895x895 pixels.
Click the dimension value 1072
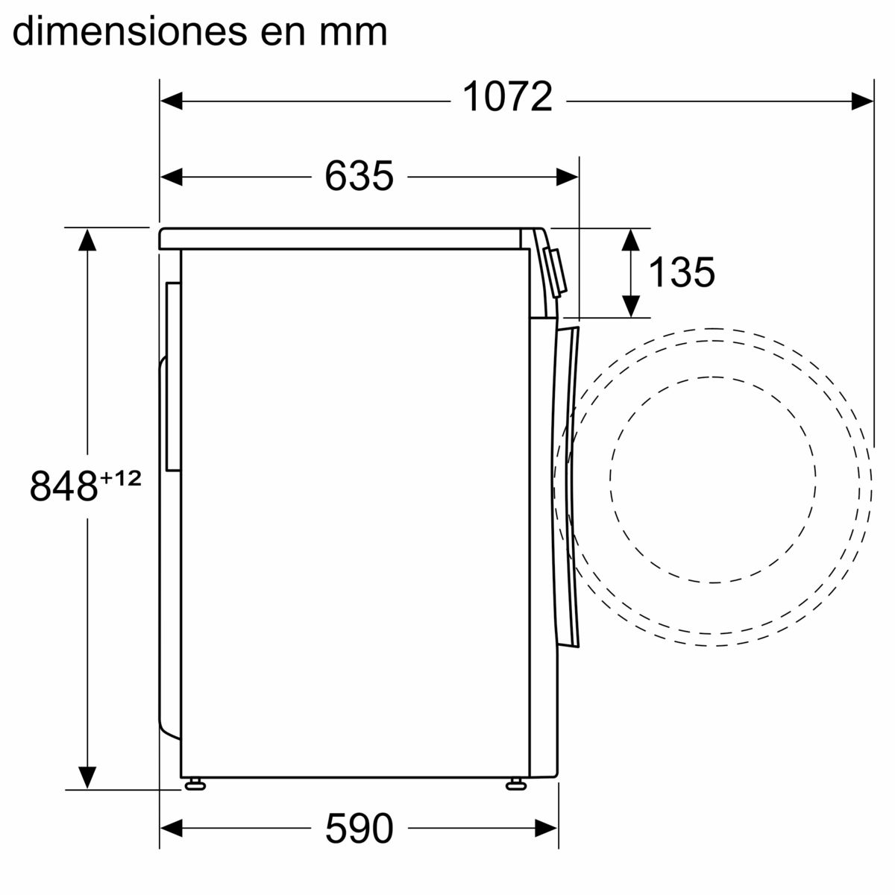pyautogui.click(x=507, y=97)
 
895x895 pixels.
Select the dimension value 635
pyautogui.click(x=359, y=177)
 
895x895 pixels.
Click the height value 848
pyautogui.click(x=64, y=486)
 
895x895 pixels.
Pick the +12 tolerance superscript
pyautogui.click(x=120, y=477)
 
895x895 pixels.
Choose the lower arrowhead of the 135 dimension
pyautogui.click(x=631, y=306)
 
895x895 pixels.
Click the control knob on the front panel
pyautogui.click(x=556, y=271)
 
